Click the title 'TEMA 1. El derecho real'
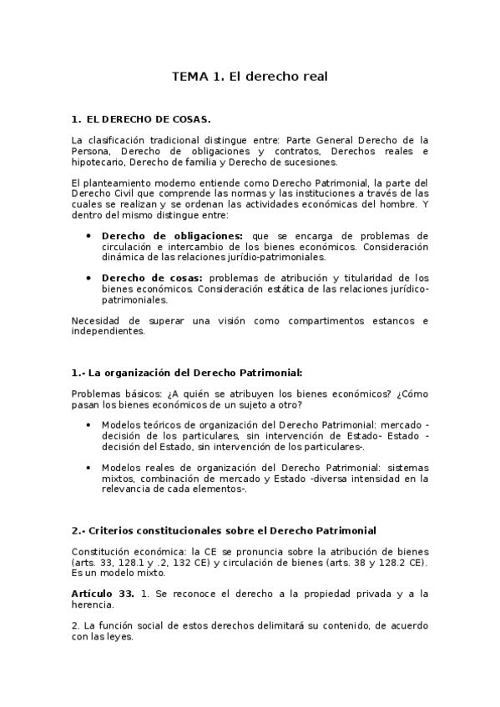(x=250, y=77)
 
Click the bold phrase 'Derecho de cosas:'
(x=153, y=278)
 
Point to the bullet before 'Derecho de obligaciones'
(x=89, y=236)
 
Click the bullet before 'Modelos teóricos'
(x=89, y=424)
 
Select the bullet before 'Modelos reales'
(x=89, y=467)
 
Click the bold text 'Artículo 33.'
(x=103, y=593)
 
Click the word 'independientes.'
(x=109, y=331)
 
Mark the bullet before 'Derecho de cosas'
(x=89, y=278)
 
